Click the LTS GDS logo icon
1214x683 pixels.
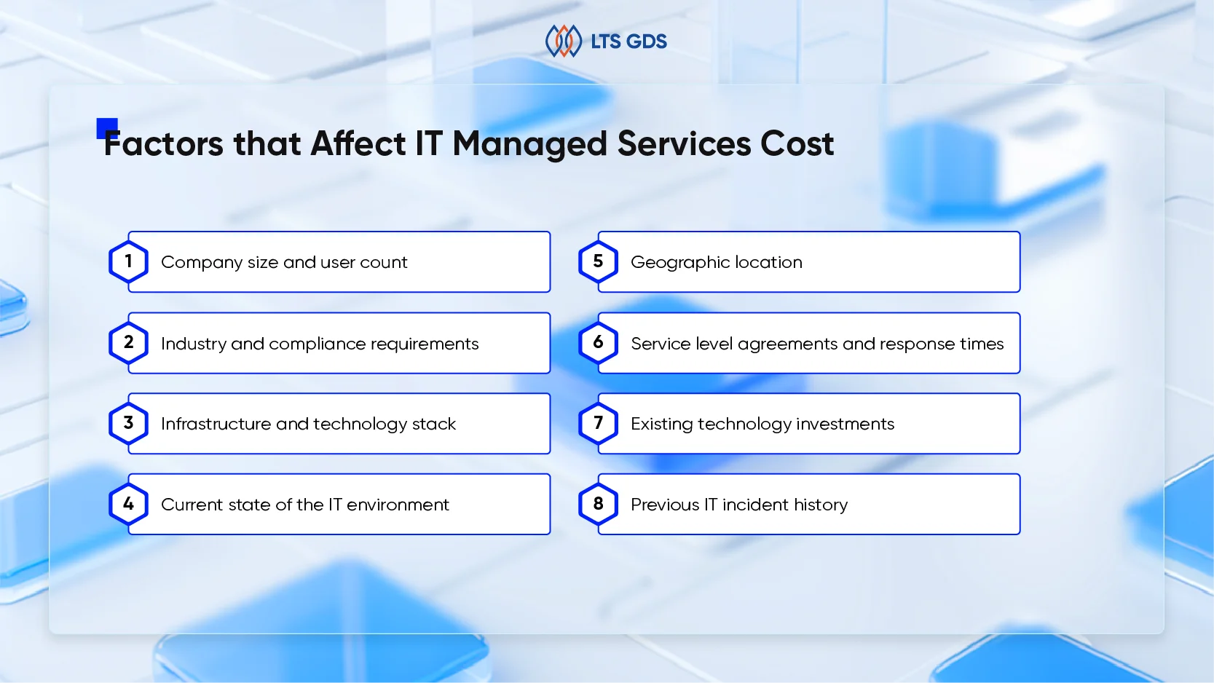coord(563,41)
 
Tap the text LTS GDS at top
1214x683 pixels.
coord(628,42)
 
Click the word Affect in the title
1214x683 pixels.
coord(358,143)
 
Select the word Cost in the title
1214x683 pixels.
coord(797,143)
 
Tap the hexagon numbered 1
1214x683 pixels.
coord(128,261)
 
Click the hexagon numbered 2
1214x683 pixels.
coord(128,342)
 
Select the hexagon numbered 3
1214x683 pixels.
coord(128,423)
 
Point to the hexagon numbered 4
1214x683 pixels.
coord(128,504)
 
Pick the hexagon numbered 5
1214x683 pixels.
coord(598,261)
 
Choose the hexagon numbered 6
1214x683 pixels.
coord(598,342)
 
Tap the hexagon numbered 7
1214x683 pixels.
coord(598,423)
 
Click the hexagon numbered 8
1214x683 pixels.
coord(598,504)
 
